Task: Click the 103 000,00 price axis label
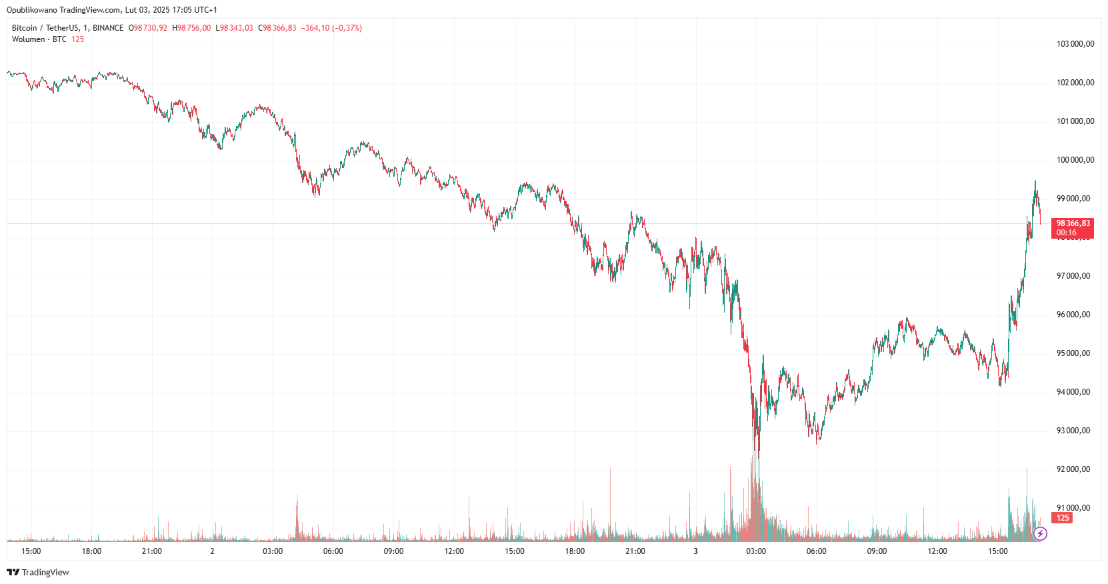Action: click(x=1075, y=44)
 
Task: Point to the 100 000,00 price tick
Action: click(x=1075, y=160)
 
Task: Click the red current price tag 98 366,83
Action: click(x=1073, y=224)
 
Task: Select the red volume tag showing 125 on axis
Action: click(x=1063, y=518)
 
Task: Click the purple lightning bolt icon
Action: click(x=1040, y=533)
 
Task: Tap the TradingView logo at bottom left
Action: click(x=38, y=572)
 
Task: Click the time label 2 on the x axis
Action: click(x=212, y=551)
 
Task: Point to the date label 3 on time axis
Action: click(x=695, y=551)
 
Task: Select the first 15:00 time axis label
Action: click(x=31, y=551)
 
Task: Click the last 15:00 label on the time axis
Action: click(x=997, y=551)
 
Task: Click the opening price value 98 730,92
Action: click(x=151, y=28)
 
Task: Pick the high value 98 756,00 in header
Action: click(x=194, y=28)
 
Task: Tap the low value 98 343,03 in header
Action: click(x=237, y=28)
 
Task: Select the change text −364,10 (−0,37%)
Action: click(x=331, y=28)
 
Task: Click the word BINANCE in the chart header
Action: click(x=108, y=28)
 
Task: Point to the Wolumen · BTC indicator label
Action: click(x=39, y=39)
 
